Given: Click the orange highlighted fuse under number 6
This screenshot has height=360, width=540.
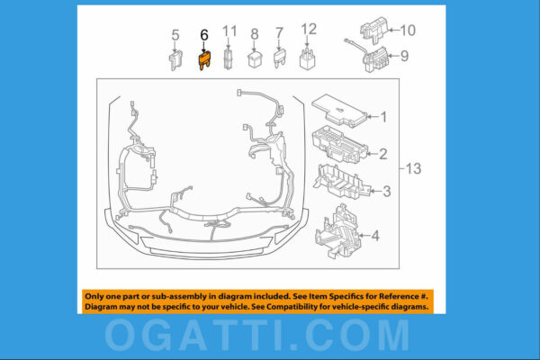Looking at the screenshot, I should coord(203,61).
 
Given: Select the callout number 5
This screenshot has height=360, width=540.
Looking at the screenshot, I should coord(175,36).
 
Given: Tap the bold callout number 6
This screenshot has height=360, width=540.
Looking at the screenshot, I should coord(203,36).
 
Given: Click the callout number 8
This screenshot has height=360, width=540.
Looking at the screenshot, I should coord(255,35).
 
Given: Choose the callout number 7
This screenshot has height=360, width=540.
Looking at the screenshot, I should coord(279,33).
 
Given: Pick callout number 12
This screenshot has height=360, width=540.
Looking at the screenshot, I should coord(309,30).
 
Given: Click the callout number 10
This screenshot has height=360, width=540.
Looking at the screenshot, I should coord(408,31).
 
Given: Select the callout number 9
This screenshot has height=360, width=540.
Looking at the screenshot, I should coord(404,56).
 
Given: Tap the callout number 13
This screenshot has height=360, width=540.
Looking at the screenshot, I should coord(413,168).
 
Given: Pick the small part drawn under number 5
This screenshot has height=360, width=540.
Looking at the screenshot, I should coord(175,60).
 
